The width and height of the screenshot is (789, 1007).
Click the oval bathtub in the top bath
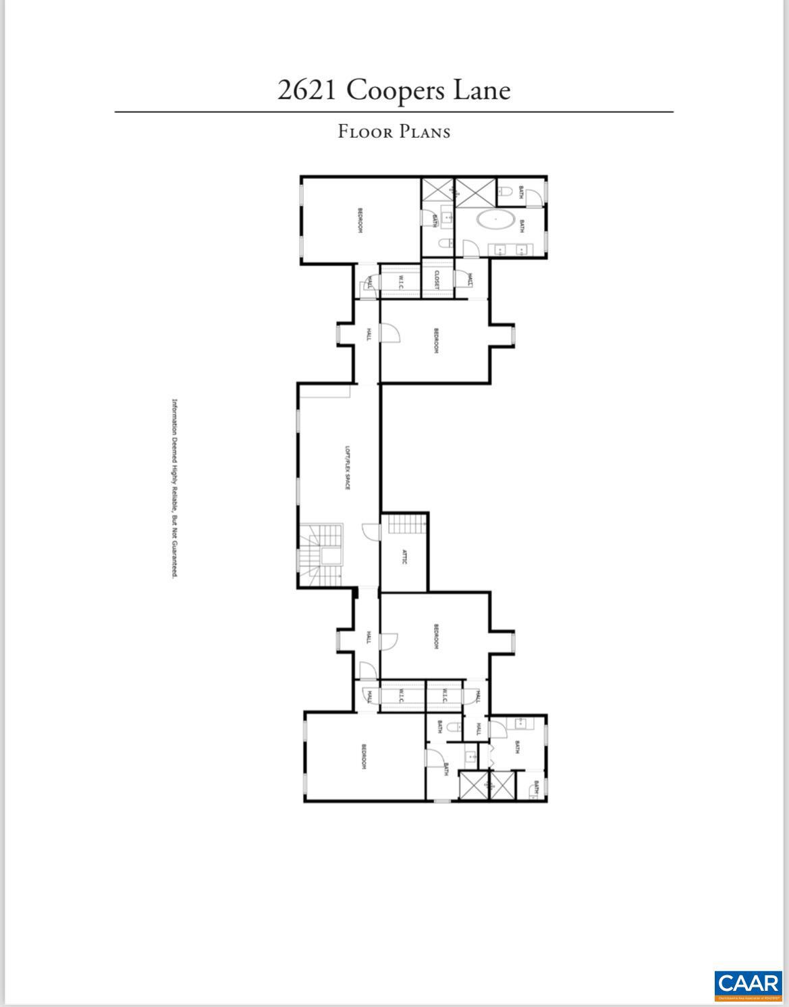click(496, 221)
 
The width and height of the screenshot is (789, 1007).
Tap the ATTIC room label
click(404, 557)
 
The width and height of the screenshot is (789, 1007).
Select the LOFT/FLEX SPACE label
click(348, 467)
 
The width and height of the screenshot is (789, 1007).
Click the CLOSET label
click(437, 280)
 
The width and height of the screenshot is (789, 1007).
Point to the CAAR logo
click(748, 985)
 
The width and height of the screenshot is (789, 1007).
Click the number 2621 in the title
click(306, 90)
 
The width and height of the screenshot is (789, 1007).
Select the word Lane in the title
click(481, 90)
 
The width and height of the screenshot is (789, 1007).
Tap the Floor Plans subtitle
click(394, 131)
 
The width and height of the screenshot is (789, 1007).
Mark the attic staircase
click(405, 524)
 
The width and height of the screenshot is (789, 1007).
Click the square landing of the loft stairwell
click(331, 555)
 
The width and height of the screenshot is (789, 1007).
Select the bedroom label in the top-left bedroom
click(360, 220)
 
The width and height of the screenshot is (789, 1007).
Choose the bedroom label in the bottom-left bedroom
click(363, 757)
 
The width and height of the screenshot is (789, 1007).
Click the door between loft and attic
click(372, 531)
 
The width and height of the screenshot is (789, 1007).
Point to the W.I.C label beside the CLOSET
click(400, 280)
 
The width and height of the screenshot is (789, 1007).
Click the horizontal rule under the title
click(394, 111)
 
